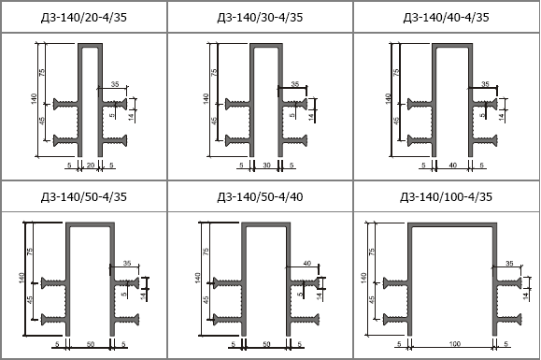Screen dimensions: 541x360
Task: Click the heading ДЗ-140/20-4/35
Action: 84,17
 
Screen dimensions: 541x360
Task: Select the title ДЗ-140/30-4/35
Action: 260,17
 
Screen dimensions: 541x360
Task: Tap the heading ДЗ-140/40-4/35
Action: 446,17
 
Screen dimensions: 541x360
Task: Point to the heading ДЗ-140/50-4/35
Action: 84,196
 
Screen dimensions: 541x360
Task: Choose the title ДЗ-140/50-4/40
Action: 260,196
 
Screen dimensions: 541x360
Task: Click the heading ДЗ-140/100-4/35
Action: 446,196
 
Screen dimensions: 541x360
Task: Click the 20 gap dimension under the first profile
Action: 91,166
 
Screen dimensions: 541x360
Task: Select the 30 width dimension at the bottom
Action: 266,166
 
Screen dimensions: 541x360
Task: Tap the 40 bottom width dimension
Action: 452,166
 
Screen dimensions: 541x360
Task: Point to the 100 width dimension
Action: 455,344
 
